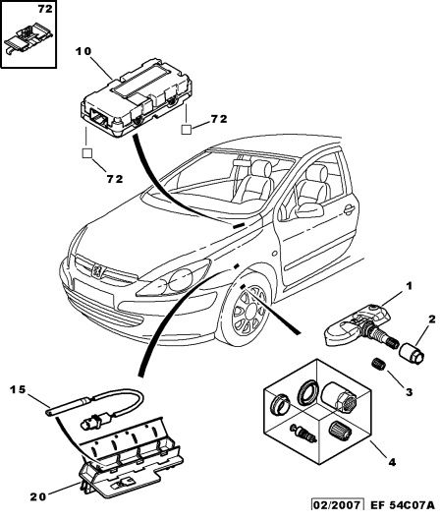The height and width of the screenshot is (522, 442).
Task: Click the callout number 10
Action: click(83, 51)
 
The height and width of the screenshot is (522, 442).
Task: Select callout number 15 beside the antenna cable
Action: click(18, 389)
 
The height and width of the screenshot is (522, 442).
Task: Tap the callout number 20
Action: click(38, 497)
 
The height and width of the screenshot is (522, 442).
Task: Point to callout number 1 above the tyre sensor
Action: click(409, 286)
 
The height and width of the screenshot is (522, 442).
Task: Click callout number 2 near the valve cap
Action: click(431, 319)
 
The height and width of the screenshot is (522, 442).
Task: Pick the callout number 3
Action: click(409, 392)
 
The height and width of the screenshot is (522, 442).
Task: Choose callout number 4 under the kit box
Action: click(392, 462)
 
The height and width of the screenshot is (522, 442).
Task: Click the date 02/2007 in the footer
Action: click(338, 514)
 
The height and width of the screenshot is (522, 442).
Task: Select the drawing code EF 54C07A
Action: click(403, 514)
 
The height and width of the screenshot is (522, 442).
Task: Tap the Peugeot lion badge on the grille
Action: click(98, 270)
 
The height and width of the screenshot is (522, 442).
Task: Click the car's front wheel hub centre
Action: click(249, 312)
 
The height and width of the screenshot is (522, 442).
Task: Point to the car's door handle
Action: click(349, 209)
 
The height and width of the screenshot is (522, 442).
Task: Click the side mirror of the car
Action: click(309, 210)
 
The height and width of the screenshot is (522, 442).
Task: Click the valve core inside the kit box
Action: click(303, 433)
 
